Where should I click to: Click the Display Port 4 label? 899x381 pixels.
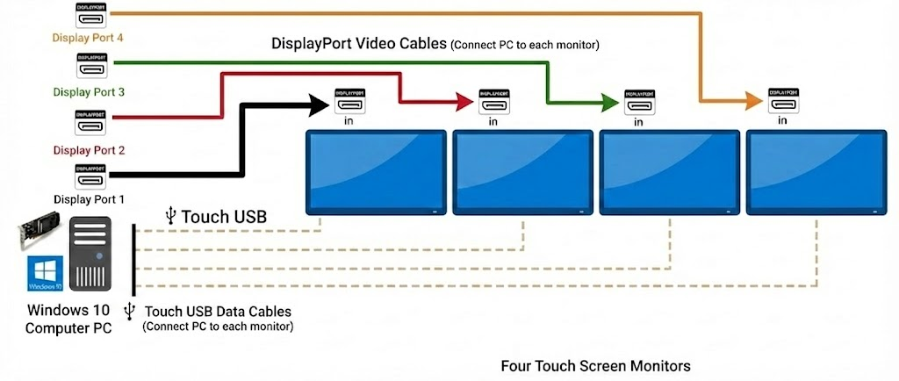point(88,39)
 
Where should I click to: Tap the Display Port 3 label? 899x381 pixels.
point(88,92)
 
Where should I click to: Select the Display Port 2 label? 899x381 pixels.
point(88,150)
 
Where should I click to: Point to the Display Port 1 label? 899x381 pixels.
point(89,199)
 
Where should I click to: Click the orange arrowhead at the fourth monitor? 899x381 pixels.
point(752,103)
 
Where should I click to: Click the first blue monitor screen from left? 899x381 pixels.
point(376,171)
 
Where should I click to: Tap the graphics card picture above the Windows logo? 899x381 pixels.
point(38,235)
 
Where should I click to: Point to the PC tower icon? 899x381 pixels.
point(91,255)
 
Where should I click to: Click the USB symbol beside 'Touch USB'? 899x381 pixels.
point(171,216)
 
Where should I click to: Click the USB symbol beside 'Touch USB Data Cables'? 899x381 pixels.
point(131,311)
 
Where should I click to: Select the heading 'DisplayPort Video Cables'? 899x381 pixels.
point(359,44)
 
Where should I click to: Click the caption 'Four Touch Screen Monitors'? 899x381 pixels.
point(595,365)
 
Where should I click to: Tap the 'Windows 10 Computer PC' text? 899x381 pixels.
point(69,319)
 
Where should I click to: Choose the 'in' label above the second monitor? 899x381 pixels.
point(493,121)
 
